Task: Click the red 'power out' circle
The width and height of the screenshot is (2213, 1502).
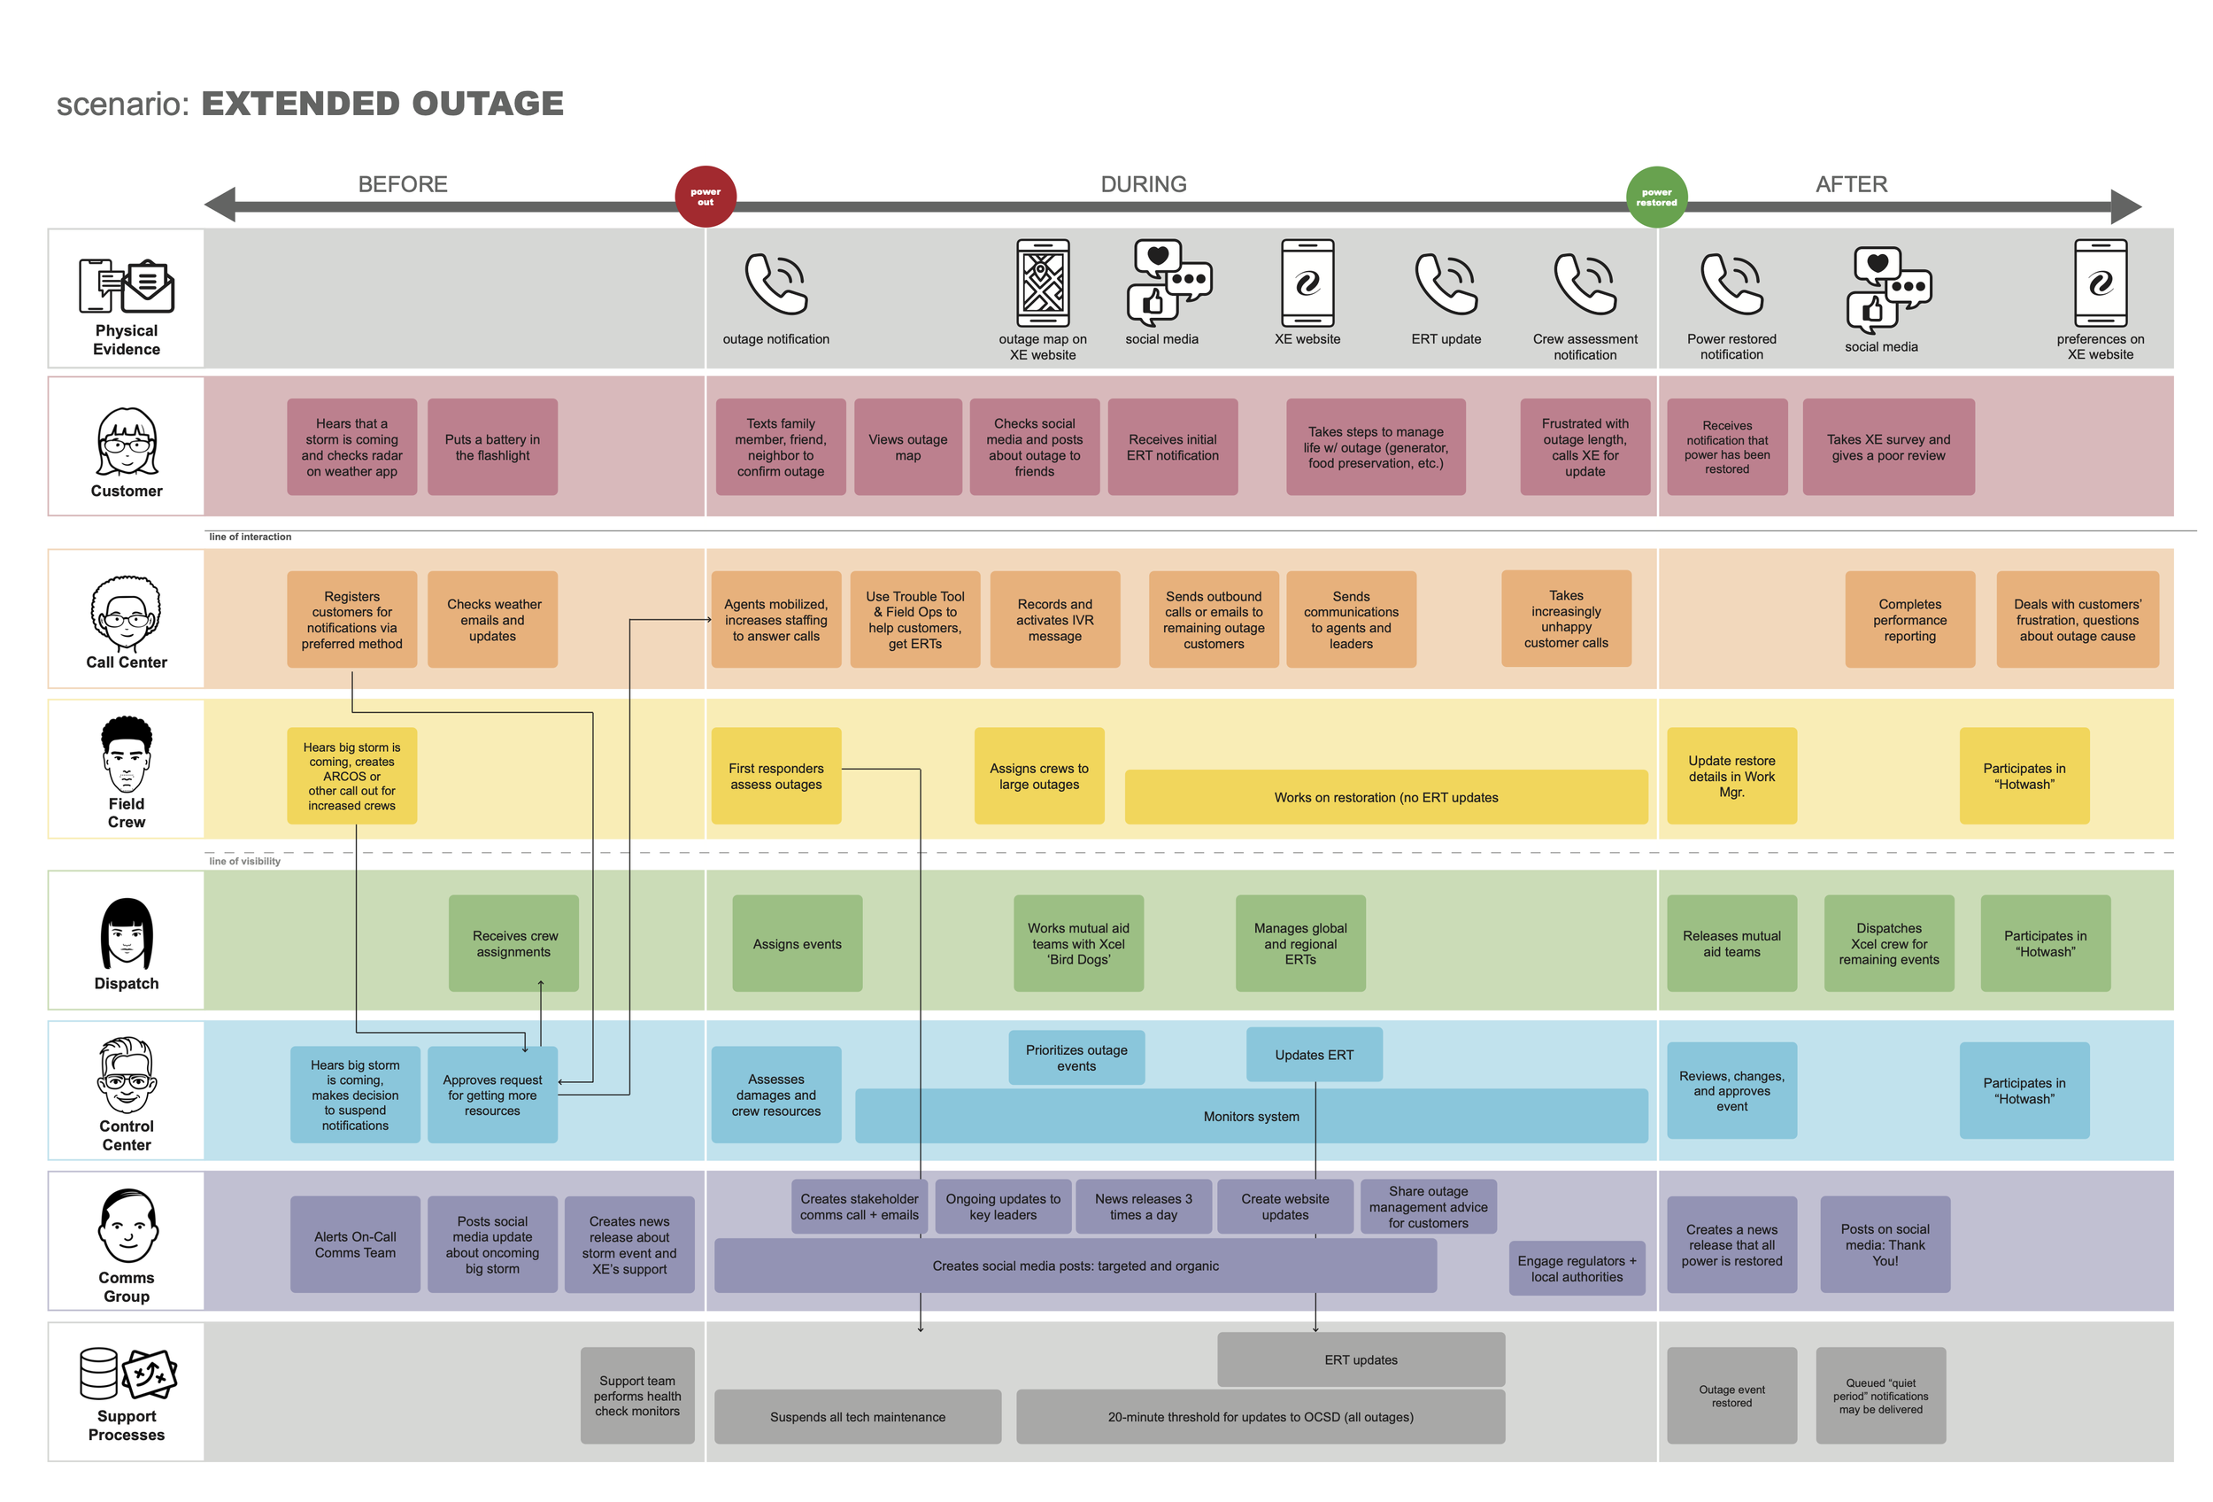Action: tap(705, 197)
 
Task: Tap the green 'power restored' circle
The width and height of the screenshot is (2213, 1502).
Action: tap(1656, 197)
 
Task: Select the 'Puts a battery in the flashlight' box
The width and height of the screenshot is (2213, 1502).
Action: tap(492, 446)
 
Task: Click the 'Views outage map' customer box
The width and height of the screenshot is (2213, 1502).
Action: tap(907, 446)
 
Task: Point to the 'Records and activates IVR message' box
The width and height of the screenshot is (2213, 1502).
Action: tap(1054, 619)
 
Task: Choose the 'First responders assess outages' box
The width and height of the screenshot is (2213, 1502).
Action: tap(776, 775)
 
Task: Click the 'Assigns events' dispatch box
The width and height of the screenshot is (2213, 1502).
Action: tap(797, 943)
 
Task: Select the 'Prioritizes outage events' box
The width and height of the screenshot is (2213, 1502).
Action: tap(1076, 1057)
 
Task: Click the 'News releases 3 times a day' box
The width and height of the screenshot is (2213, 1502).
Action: tap(1143, 1206)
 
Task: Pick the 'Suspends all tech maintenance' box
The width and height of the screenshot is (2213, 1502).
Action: tap(857, 1416)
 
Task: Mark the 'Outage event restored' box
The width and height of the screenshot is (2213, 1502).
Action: tap(1731, 1396)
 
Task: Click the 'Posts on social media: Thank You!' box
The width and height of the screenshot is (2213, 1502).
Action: tap(1885, 1244)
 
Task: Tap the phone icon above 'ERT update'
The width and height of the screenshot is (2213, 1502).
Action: tap(1446, 283)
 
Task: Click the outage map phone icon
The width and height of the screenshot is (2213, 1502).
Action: tap(1043, 283)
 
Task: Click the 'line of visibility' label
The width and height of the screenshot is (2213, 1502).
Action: tap(244, 861)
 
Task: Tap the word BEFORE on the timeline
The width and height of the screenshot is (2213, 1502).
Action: tap(403, 184)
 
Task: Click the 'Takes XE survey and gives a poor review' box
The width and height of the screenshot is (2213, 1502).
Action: tap(1888, 446)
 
